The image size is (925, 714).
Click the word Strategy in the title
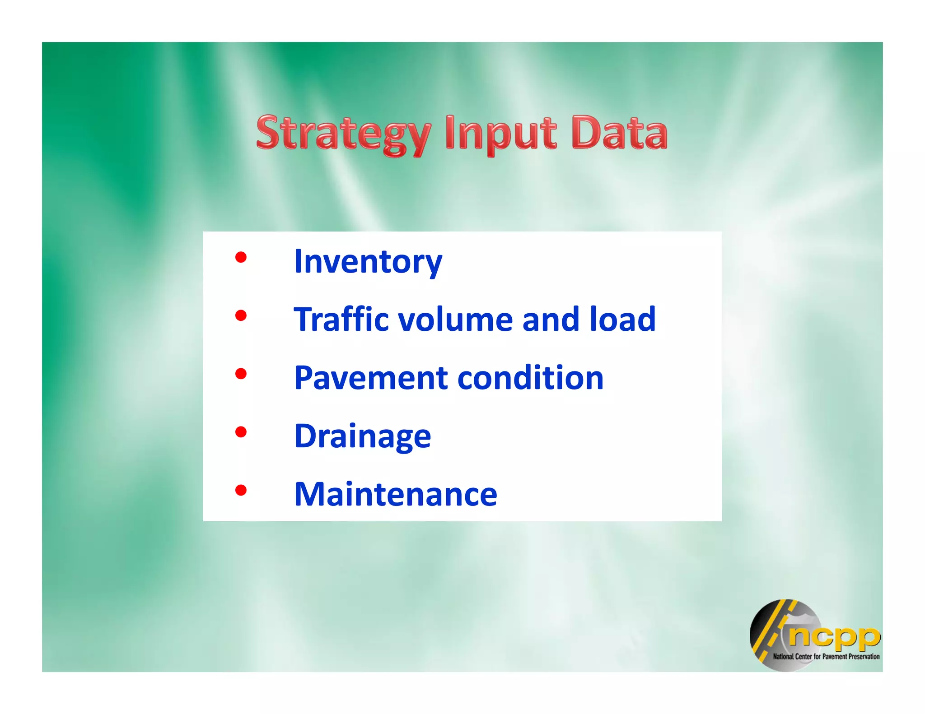[x=343, y=133]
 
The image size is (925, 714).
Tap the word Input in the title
[x=500, y=133]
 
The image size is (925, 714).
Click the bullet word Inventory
[x=368, y=262]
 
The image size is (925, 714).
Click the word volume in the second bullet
[x=455, y=319]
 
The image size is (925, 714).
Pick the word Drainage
[x=363, y=436]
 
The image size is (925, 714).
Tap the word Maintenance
[x=396, y=494]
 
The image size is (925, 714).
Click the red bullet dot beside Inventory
[x=241, y=257]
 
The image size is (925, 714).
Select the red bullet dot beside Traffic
[x=241, y=315]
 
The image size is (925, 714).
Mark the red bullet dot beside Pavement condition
[x=241, y=374]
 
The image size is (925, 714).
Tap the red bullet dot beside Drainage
[x=241, y=432]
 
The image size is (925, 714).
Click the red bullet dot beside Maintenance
[x=241, y=490]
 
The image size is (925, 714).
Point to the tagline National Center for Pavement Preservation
[x=826, y=657]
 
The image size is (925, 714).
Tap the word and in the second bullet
[x=551, y=319]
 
